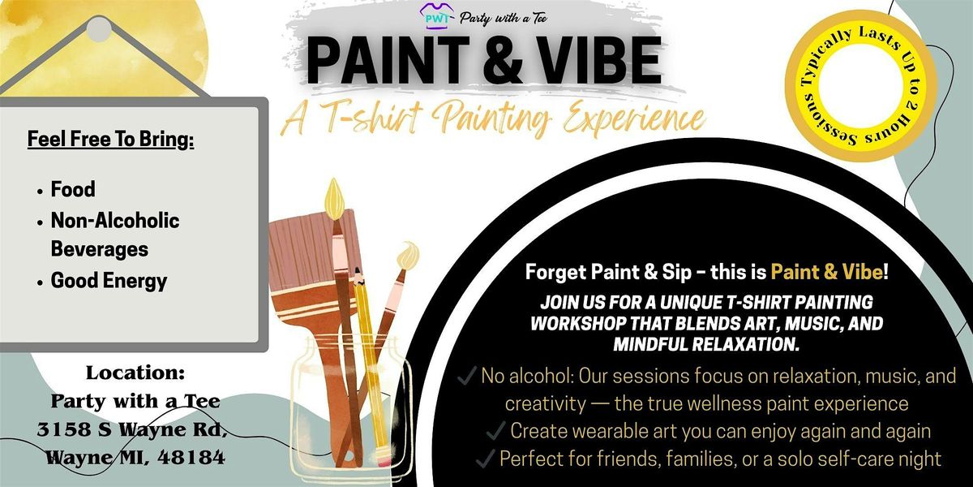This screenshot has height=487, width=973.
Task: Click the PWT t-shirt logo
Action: [x=435, y=17]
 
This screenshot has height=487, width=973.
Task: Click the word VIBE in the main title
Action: [x=598, y=61]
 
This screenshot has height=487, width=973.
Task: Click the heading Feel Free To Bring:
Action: [x=111, y=139]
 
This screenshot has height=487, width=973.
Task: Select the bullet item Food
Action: [x=73, y=189]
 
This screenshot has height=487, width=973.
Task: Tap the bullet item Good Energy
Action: [x=109, y=281]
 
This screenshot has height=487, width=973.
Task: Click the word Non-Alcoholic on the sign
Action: [x=115, y=221]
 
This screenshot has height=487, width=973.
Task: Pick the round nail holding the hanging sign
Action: [x=99, y=29]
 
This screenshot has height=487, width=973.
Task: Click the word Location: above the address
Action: [x=135, y=373]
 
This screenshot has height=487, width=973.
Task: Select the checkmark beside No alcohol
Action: [x=467, y=376]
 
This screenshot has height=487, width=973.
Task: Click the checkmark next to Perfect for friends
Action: [x=486, y=459]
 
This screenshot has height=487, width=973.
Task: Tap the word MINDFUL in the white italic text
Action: [x=650, y=344]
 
